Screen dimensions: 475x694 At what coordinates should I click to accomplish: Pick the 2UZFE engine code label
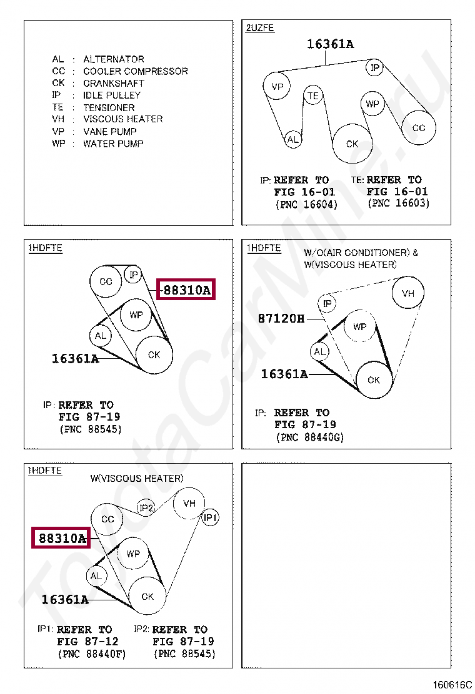[260, 28]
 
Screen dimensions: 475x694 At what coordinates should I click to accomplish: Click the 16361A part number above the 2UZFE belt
[330, 44]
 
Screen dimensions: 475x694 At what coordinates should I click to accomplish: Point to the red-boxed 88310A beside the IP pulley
[186, 290]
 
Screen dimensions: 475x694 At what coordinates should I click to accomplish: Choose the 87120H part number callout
[281, 318]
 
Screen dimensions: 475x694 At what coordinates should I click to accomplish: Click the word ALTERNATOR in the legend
[114, 59]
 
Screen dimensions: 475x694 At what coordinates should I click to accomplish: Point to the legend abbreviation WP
[59, 144]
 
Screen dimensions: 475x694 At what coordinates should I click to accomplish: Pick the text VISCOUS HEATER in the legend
[123, 119]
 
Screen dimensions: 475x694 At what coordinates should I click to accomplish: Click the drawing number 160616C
[452, 685]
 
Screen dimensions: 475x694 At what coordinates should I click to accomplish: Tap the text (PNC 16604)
[307, 205]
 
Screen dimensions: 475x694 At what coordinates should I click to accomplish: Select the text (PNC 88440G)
[310, 437]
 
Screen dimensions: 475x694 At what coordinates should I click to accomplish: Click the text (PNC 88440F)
[92, 653]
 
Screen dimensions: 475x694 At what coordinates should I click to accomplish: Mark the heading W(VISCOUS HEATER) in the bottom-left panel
[137, 479]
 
